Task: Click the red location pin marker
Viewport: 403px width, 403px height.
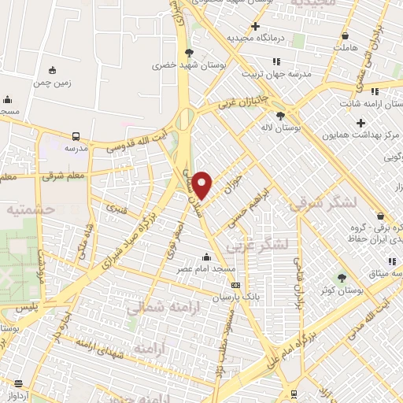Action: click(x=203, y=184)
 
